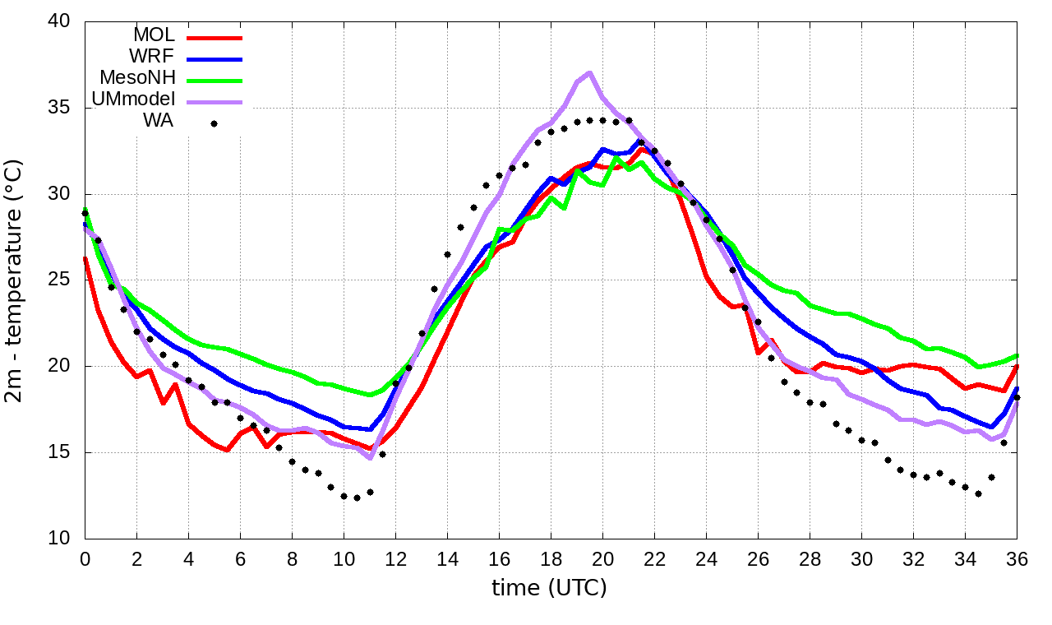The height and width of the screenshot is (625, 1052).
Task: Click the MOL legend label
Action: coord(154,35)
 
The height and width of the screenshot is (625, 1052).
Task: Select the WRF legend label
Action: coord(153,57)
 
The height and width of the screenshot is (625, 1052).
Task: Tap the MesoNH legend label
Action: coord(137,78)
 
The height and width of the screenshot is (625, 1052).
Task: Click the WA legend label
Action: coord(158,122)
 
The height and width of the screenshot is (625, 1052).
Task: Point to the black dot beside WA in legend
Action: coord(214,123)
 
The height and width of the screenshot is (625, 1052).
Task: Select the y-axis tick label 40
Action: coord(59,22)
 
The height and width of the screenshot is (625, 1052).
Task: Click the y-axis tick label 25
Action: coord(59,280)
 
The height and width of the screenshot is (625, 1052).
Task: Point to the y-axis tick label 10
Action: coord(59,539)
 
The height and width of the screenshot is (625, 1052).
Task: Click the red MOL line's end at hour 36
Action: coord(1017,367)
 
